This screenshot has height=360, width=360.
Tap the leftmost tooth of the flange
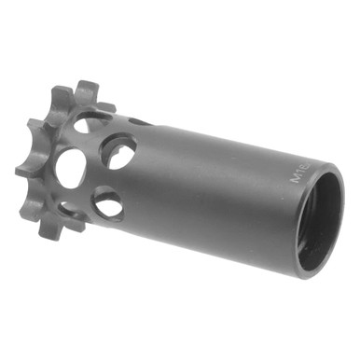pyautogui.click(x=22, y=170)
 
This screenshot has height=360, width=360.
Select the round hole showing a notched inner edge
pyautogui.click(x=118, y=149)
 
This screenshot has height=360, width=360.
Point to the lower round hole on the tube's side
pyautogui.click(x=108, y=202)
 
